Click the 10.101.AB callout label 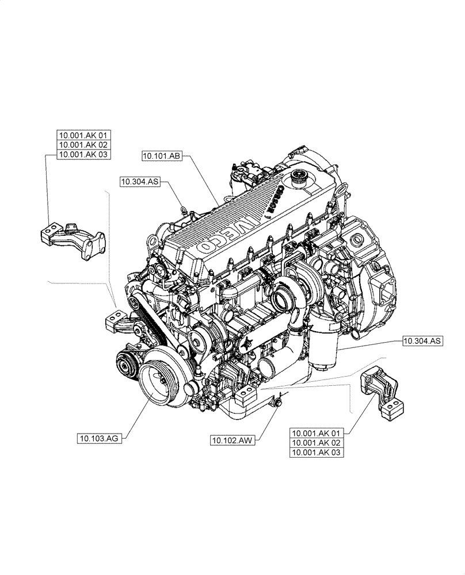click(162, 156)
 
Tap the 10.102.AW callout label click(232, 440)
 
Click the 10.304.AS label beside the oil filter click(422, 342)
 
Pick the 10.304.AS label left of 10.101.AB click(139, 182)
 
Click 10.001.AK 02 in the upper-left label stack click(83, 145)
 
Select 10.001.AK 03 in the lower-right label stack click(317, 453)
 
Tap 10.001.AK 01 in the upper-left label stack click(83, 136)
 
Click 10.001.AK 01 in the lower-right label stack click(317, 434)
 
